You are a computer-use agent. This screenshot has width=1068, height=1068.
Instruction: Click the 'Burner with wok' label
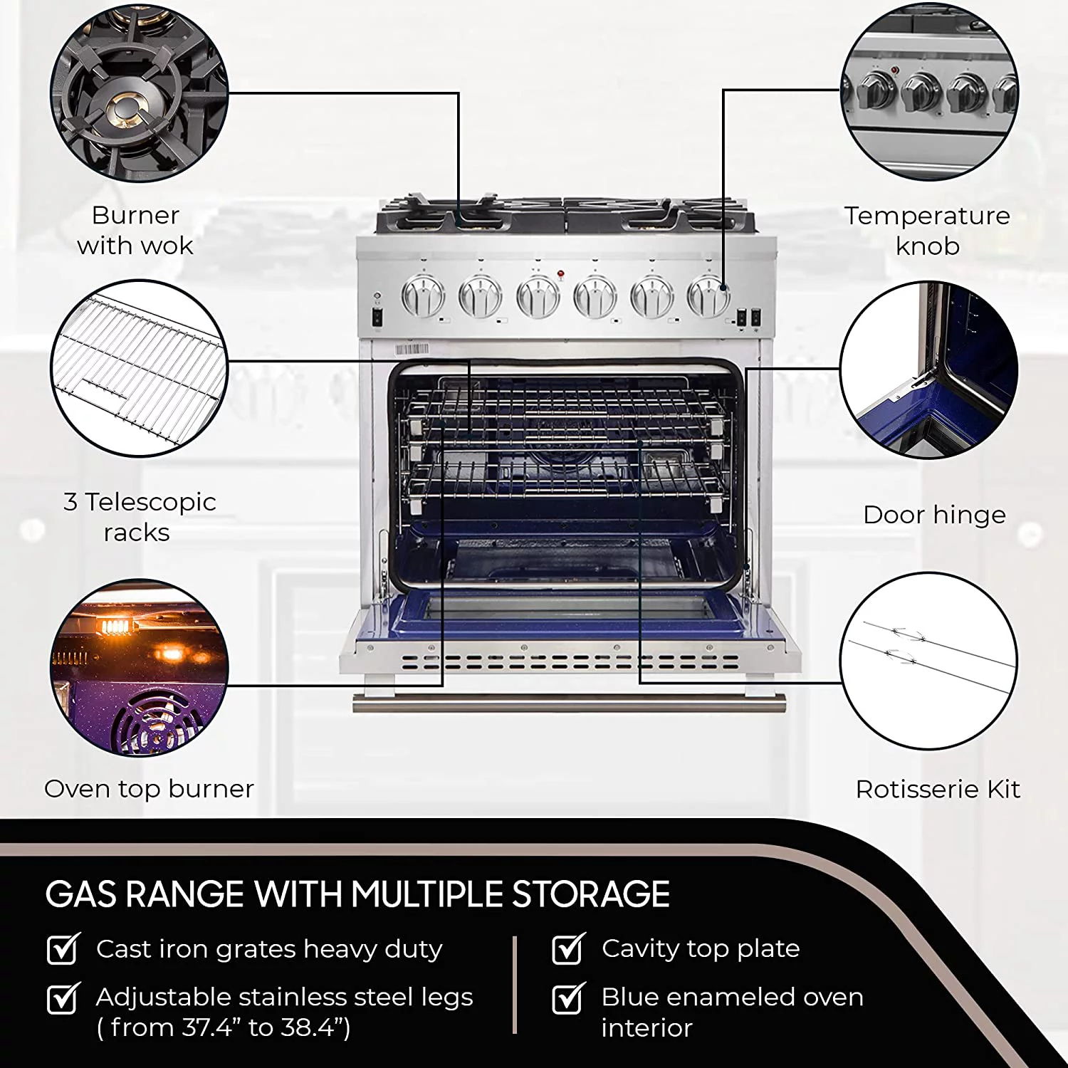point(135,230)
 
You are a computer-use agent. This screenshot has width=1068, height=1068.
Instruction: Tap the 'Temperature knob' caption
point(927,231)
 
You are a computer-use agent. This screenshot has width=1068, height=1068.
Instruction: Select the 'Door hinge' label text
point(934,515)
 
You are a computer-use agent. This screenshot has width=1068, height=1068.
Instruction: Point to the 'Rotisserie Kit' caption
point(938,789)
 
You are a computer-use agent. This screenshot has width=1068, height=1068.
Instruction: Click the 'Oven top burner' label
point(149,789)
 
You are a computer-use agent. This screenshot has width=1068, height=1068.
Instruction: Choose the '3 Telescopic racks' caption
point(140,517)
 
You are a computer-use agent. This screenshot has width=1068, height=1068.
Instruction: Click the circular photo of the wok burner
point(140,93)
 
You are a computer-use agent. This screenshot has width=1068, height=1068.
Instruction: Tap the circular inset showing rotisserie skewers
point(929,661)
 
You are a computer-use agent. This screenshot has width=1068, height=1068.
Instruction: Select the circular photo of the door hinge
point(929,370)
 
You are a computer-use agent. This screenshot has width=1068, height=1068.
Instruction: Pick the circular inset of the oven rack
point(140,368)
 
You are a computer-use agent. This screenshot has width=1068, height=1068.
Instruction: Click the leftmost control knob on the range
point(423,296)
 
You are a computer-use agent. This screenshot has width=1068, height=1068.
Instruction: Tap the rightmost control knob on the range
point(708,296)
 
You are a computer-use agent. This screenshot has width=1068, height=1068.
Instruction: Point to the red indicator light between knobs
point(560,273)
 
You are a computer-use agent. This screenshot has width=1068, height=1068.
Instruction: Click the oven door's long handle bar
point(570,703)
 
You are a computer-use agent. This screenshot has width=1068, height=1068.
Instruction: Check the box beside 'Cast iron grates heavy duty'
point(63,948)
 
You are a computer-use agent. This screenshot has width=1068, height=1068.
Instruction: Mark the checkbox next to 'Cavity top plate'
point(569,948)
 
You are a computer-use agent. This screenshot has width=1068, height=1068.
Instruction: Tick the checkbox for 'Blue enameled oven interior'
point(569,998)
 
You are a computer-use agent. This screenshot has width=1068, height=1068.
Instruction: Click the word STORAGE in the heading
point(591,894)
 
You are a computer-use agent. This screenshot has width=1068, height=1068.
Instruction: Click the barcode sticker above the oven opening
point(412,349)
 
